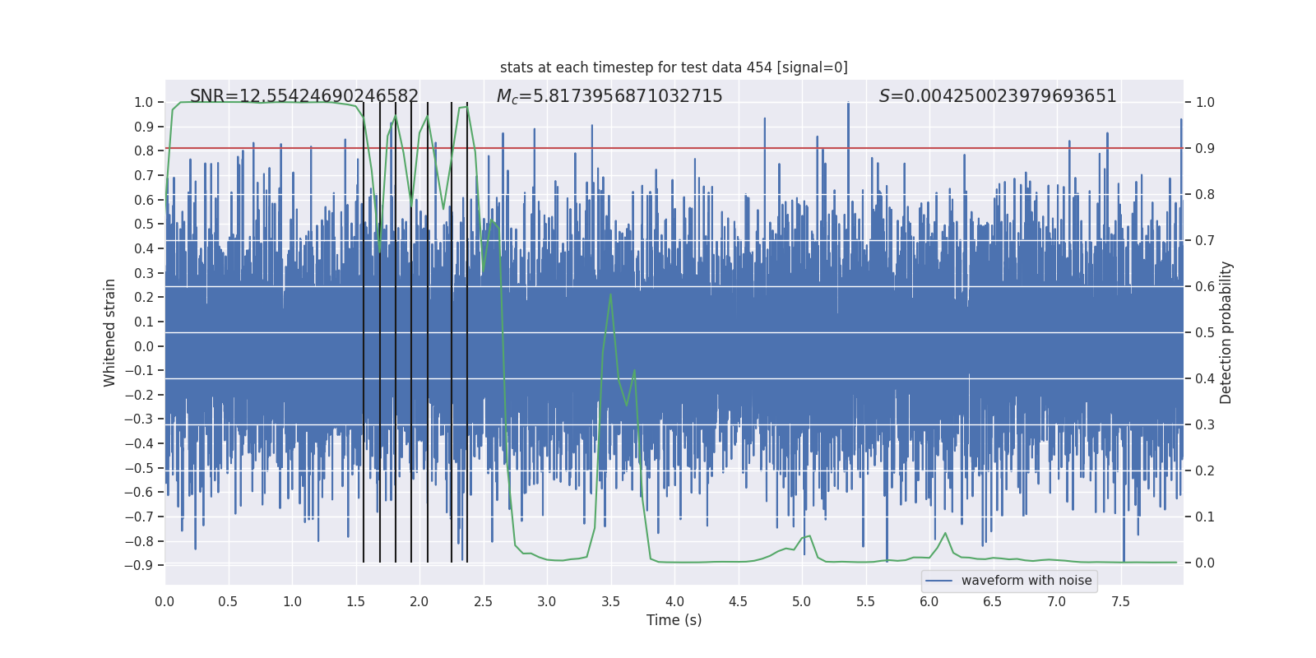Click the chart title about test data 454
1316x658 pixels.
[674, 67]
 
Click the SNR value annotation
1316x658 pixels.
[304, 96]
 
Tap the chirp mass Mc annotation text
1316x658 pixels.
[609, 96]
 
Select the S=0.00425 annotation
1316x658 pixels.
[998, 96]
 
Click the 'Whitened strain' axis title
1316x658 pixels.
[110, 332]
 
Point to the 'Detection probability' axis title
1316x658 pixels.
[1226, 332]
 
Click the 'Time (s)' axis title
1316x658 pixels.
[674, 620]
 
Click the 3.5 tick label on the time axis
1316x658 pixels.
[610, 602]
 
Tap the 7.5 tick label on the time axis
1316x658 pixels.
[1120, 602]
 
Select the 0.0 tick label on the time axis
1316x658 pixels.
[164, 602]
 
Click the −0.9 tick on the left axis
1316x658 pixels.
[139, 565]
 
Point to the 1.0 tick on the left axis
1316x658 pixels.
[143, 102]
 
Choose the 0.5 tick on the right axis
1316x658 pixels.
[1205, 332]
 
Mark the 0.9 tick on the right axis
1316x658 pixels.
[1205, 148]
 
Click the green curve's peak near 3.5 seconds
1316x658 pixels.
[610, 294]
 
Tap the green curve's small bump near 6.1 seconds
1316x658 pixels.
[945, 533]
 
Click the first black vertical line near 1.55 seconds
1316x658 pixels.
[364, 329]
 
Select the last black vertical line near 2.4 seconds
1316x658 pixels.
[467, 329]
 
